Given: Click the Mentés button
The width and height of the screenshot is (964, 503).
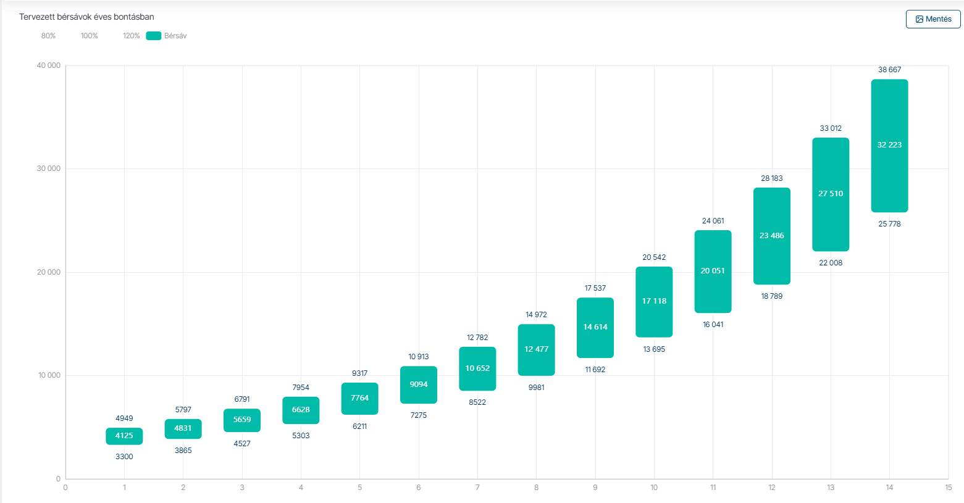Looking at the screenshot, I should [x=933, y=19].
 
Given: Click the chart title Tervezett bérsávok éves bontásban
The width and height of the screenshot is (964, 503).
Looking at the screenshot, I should [x=86, y=17].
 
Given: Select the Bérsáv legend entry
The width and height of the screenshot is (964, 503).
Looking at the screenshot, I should [x=167, y=36].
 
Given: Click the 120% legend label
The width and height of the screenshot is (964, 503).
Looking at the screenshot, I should [x=131, y=36].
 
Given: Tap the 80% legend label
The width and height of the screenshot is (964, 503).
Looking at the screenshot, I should [x=48, y=36].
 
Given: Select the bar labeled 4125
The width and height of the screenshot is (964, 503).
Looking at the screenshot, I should [x=124, y=436].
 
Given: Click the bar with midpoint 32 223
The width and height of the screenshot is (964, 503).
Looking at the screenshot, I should [x=889, y=146].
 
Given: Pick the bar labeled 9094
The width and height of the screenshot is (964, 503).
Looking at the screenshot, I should [x=419, y=385].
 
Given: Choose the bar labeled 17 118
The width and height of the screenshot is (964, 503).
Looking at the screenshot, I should [x=654, y=302].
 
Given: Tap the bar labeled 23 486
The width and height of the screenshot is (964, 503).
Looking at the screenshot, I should [x=772, y=236].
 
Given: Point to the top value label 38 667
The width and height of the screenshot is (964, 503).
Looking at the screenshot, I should [x=889, y=70].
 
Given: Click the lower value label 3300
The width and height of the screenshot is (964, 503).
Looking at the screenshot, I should [x=124, y=457].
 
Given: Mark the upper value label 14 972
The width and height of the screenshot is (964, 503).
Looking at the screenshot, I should [x=536, y=315].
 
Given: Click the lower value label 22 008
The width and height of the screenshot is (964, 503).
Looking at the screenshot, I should [x=831, y=263].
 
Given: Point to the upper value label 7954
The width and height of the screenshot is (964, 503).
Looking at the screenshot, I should [x=301, y=388].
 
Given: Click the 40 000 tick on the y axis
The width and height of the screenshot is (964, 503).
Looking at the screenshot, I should [x=49, y=65].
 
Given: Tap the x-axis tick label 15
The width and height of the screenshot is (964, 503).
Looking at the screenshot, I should [x=948, y=488].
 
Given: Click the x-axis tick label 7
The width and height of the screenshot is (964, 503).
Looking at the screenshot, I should [x=477, y=488].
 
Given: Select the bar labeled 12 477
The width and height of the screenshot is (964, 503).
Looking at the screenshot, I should [x=536, y=349].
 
